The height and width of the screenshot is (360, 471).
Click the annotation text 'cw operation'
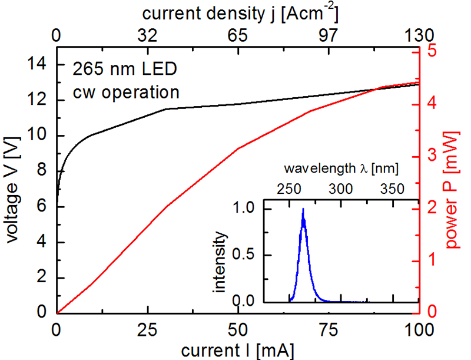[x=125, y=92]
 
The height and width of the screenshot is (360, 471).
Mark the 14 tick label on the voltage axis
[x=38, y=64]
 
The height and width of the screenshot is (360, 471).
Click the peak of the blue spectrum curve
[x=303, y=209]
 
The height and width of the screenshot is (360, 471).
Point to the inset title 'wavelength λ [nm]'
[x=341, y=169]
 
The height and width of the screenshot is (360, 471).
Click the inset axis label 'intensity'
[x=220, y=262]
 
